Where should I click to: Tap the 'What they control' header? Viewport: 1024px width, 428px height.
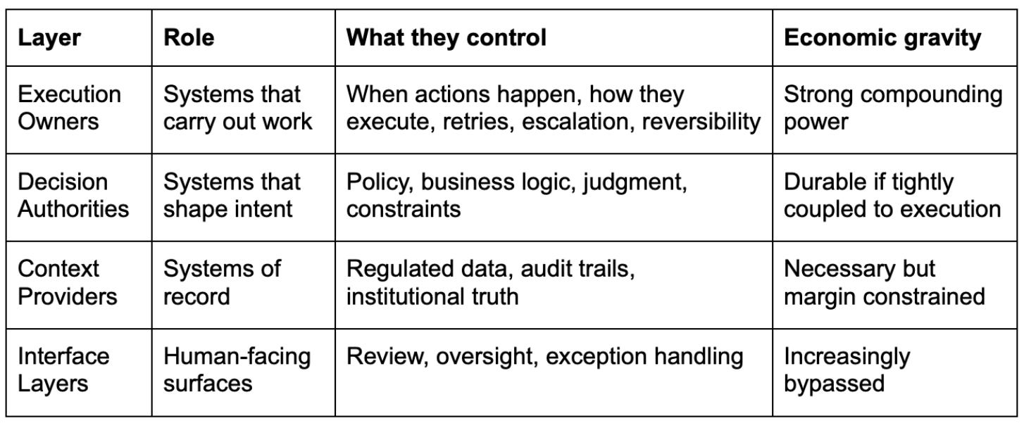[x=446, y=38]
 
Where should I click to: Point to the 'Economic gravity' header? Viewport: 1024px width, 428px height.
[x=882, y=38]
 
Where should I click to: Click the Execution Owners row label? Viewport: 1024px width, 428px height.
[x=69, y=108]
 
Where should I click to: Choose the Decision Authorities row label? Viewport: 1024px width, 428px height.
[x=73, y=196]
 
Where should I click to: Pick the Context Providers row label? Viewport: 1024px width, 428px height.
[x=68, y=282]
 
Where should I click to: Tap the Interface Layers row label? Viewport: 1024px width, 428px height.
[x=63, y=370]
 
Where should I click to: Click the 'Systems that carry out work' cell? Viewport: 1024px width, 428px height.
[x=237, y=108]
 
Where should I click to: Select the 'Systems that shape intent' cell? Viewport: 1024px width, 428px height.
[x=232, y=196]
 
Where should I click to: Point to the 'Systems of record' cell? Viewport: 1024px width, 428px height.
[x=222, y=282]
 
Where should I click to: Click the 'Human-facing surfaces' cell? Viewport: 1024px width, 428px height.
[x=237, y=370]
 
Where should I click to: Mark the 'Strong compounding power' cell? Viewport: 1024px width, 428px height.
[x=892, y=108]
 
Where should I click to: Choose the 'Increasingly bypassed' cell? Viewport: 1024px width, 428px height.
[x=847, y=370]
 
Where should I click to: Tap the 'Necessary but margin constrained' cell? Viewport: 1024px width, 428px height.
[x=884, y=282]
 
